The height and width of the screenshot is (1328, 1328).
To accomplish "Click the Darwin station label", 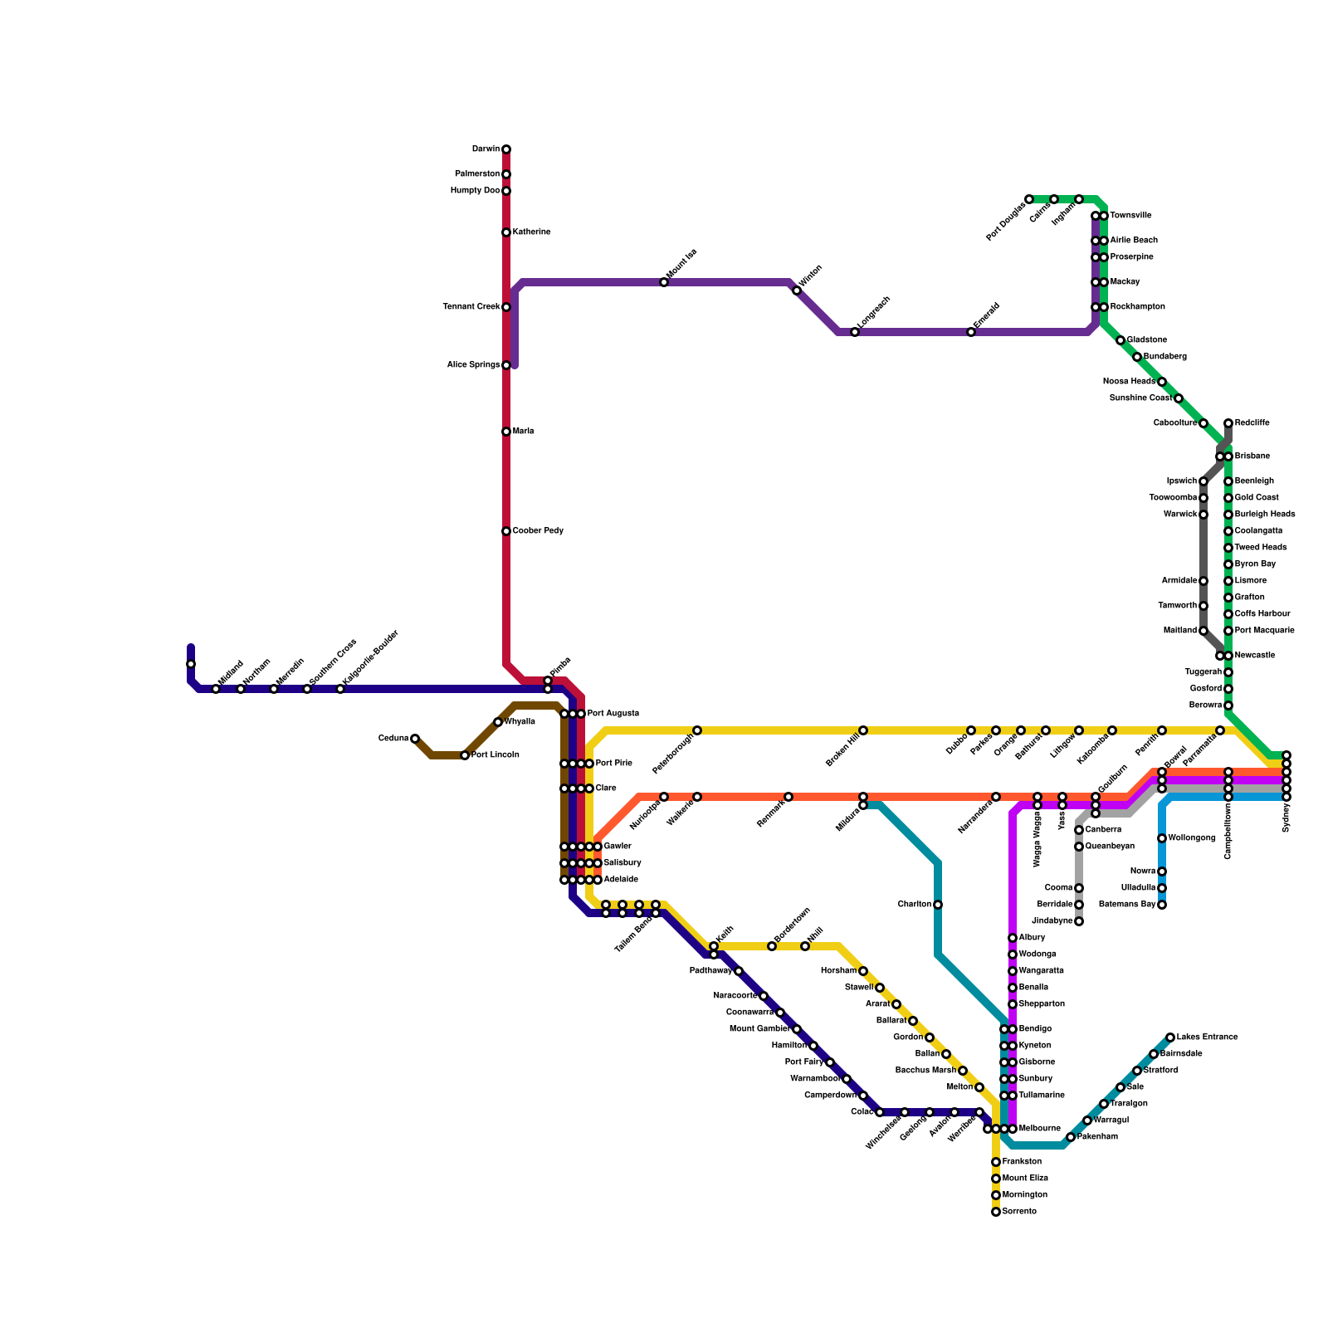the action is click(486, 149).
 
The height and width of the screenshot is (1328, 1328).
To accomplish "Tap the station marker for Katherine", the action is click(506, 232).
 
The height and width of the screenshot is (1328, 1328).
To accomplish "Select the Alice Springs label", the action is click(473, 365).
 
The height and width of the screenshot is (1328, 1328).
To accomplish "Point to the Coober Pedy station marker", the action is click(506, 531).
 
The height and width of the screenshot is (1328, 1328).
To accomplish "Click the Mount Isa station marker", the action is click(664, 282).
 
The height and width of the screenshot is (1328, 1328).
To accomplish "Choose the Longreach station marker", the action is click(855, 332).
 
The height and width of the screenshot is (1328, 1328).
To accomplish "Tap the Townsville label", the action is click(1130, 216).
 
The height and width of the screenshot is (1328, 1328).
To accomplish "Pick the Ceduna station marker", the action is click(415, 739).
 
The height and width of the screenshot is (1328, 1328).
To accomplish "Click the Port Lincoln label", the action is click(496, 755).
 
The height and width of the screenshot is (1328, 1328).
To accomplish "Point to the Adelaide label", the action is click(621, 880).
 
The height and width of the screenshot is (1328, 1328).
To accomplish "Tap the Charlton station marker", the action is click(938, 905).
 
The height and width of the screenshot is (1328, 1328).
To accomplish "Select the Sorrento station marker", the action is click(996, 1212).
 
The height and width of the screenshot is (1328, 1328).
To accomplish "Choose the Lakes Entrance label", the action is click(1207, 1037).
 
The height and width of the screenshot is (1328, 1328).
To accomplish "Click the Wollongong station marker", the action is click(1162, 838).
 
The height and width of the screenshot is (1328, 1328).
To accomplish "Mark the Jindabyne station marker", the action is click(1079, 921).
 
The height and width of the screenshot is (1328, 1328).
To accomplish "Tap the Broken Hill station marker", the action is click(863, 730).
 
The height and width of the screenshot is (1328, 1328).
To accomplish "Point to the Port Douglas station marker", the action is click(1029, 199).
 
